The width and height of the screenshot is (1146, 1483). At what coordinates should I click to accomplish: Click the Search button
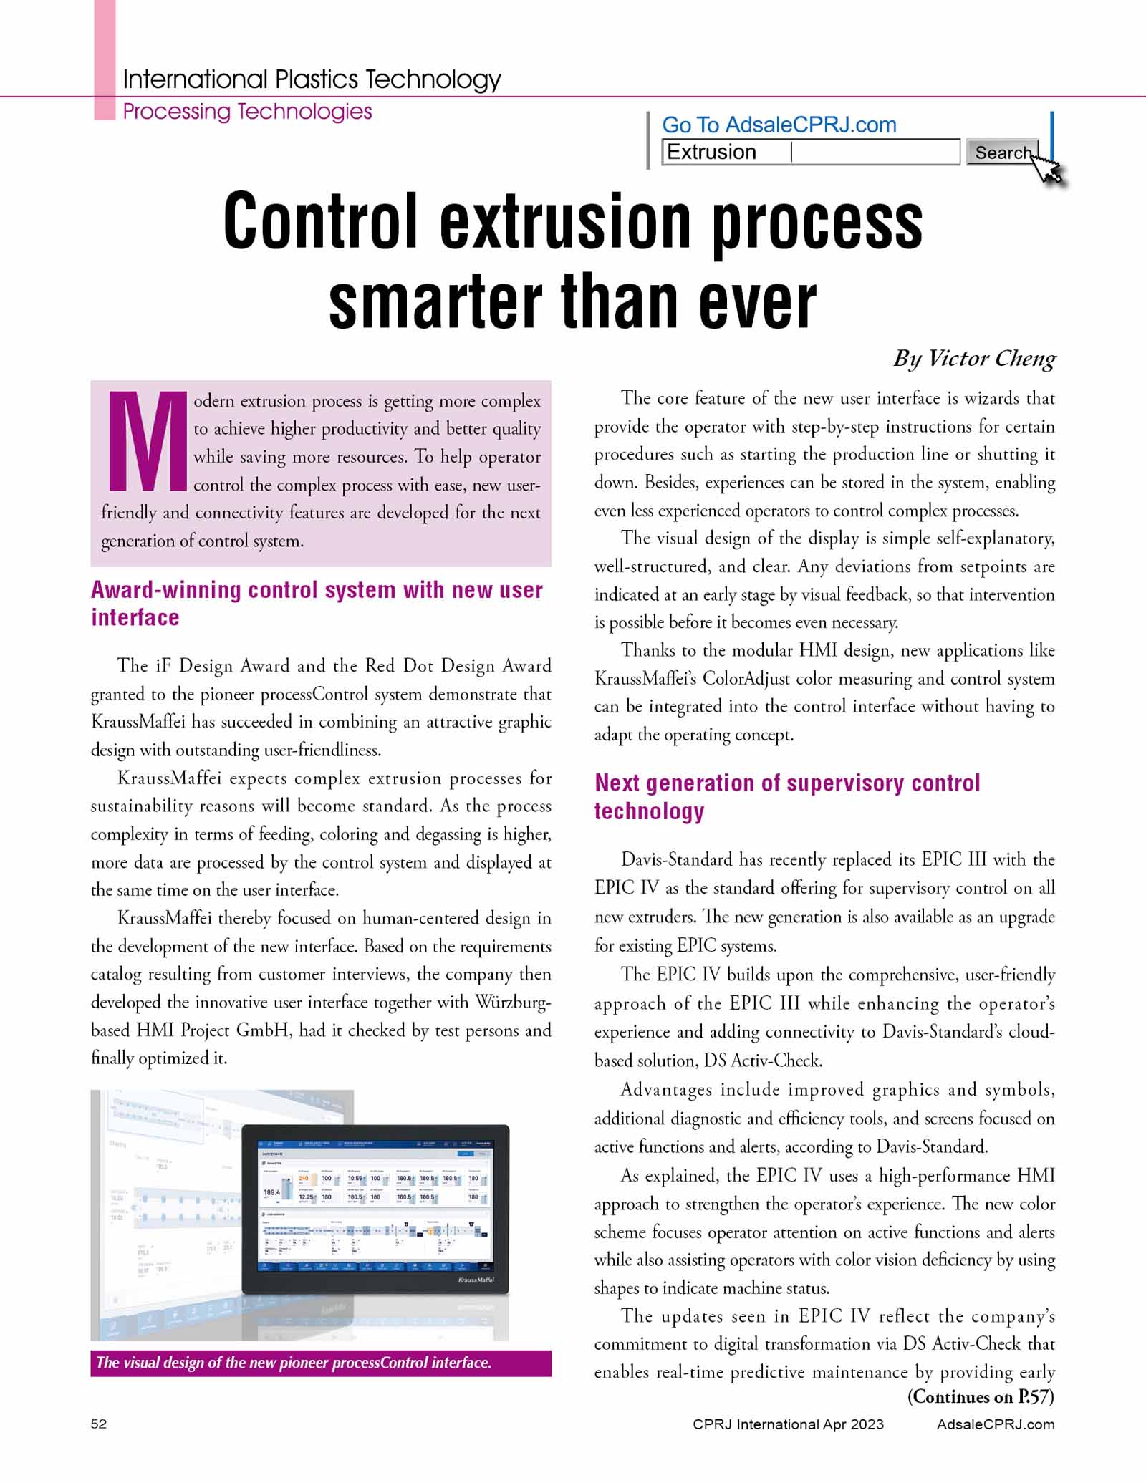[1001, 153]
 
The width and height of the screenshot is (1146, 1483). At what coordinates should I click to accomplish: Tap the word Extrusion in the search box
[711, 152]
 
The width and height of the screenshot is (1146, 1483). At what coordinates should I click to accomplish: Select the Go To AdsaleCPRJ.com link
[779, 125]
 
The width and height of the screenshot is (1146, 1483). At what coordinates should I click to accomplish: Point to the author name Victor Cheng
[991, 358]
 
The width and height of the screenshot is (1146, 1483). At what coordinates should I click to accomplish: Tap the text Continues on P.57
[981, 1396]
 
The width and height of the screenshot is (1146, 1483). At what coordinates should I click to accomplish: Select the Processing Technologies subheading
[247, 112]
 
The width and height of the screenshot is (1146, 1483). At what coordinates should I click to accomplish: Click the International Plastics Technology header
[312, 79]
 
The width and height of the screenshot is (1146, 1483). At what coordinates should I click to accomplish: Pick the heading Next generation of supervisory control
[787, 783]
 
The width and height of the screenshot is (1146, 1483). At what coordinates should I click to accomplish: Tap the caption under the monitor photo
[294, 1363]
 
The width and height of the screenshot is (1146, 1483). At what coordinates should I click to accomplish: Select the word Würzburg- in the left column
[513, 1002]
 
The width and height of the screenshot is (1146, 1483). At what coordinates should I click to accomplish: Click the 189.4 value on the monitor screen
[272, 1192]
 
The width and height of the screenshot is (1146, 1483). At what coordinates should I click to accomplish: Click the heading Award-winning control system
[317, 590]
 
